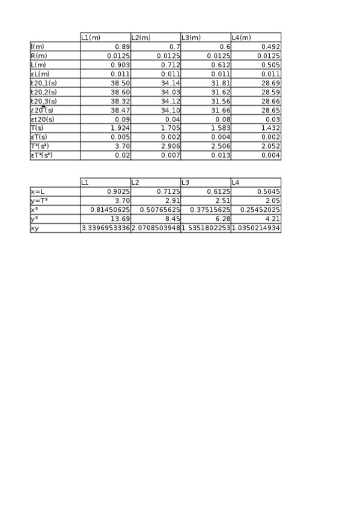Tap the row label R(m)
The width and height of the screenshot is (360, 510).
click(x=38, y=55)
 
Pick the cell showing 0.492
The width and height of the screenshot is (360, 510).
click(x=271, y=46)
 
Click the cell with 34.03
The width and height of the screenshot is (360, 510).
click(x=171, y=92)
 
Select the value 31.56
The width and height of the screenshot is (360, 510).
click(x=221, y=101)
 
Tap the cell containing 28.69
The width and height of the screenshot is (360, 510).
click(x=271, y=83)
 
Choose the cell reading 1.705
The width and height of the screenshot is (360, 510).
click(x=171, y=128)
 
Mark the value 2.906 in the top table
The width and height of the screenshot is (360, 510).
click(x=171, y=146)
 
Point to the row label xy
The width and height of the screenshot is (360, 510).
click(x=34, y=228)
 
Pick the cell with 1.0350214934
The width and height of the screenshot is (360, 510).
click(x=256, y=228)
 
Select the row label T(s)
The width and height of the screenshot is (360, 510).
click(x=37, y=128)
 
